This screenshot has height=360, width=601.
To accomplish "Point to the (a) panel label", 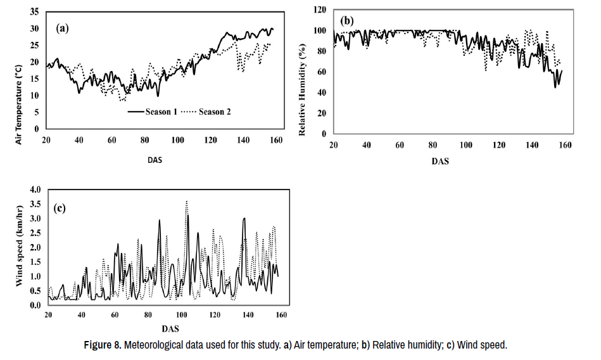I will pyautogui.click(x=62, y=27).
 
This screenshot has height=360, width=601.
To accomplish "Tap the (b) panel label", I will pyautogui.click(x=347, y=21).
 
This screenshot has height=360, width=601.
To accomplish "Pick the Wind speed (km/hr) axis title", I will pyautogui.click(x=19, y=247).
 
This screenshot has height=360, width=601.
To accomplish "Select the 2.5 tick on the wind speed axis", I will pyautogui.click(x=34, y=233).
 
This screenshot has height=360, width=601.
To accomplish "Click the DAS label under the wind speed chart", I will pyautogui.click(x=170, y=329).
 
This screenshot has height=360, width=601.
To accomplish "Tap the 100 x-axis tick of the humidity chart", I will pyautogui.click(x=466, y=145).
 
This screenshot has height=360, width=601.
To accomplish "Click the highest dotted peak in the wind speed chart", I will pyautogui.click(x=186, y=202).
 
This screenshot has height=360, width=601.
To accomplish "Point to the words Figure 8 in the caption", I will pyautogui.click(x=103, y=345).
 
